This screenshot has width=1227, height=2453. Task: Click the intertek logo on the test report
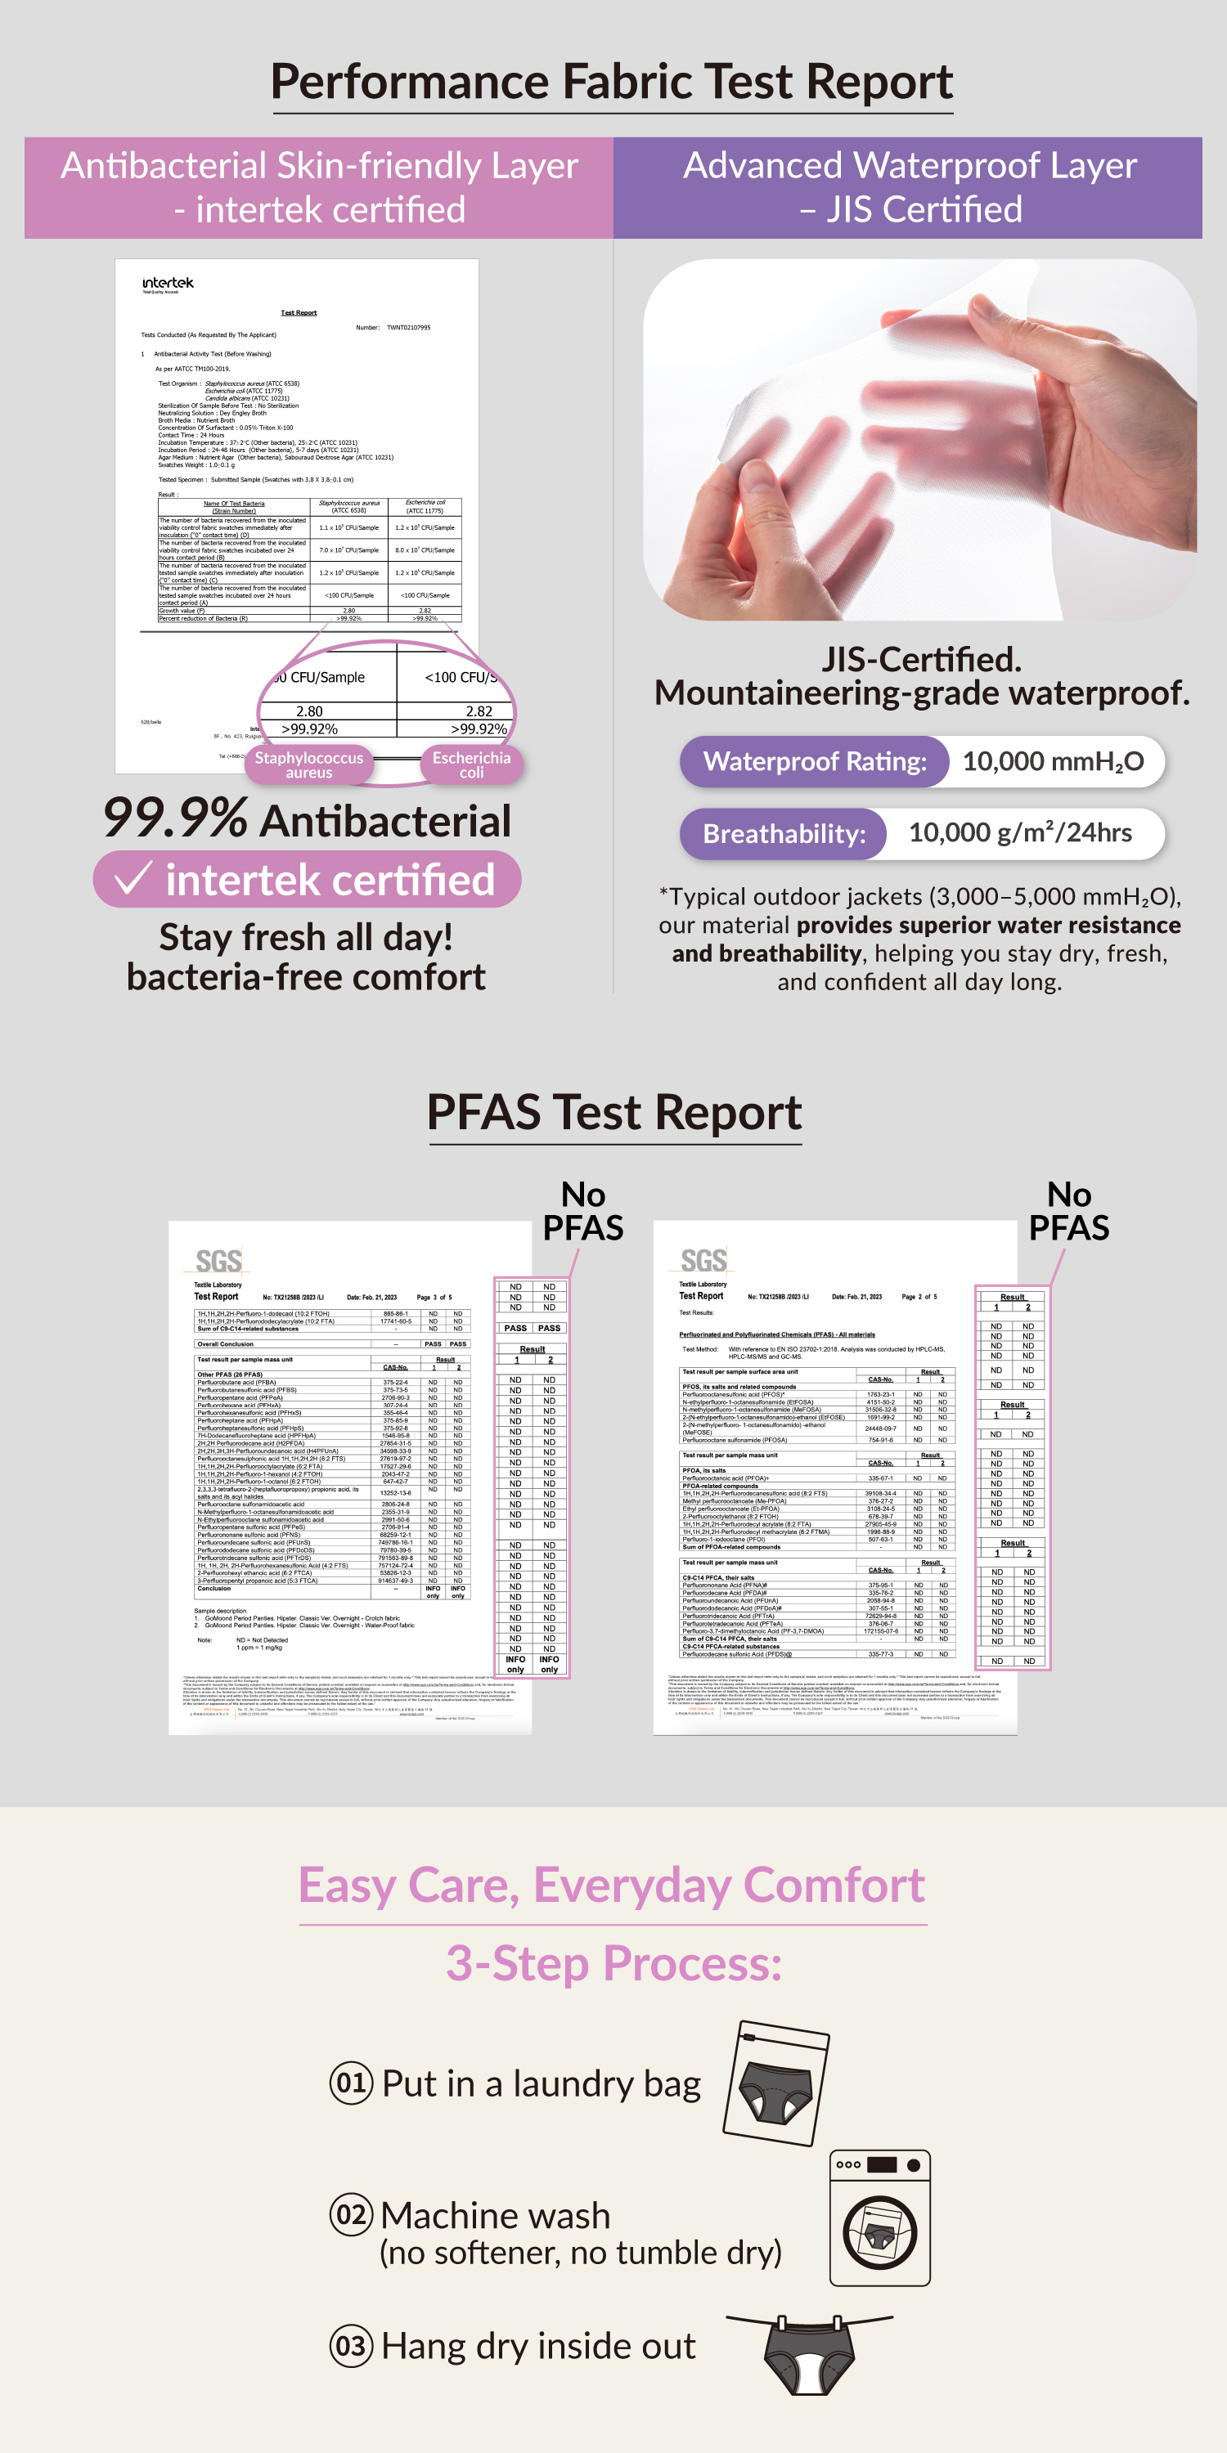[168, 284]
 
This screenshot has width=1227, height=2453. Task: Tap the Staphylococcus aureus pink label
[308, 765]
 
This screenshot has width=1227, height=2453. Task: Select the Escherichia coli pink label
[471, 765]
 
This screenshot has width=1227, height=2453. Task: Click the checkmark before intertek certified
[133, 878]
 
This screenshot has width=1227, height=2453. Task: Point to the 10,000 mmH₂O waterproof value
[1053, 762]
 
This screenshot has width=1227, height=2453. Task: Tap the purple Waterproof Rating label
[815, 762]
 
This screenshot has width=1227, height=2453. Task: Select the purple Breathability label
[784, 834]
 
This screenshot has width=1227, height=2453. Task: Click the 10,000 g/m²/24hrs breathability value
[1020, 833]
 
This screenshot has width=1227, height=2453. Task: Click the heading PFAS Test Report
[614, 1112]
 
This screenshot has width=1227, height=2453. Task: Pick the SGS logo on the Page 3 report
[218, 1261]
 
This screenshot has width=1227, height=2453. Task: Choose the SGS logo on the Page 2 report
[704, 1260]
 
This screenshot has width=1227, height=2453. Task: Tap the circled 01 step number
[351, 2083]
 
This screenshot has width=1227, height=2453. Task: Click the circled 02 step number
[351, 2214]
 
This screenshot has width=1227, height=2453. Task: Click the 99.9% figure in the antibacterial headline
[174, 819]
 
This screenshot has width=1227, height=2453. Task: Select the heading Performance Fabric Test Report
[613, 82]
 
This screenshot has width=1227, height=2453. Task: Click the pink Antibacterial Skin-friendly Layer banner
[319, 187]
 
